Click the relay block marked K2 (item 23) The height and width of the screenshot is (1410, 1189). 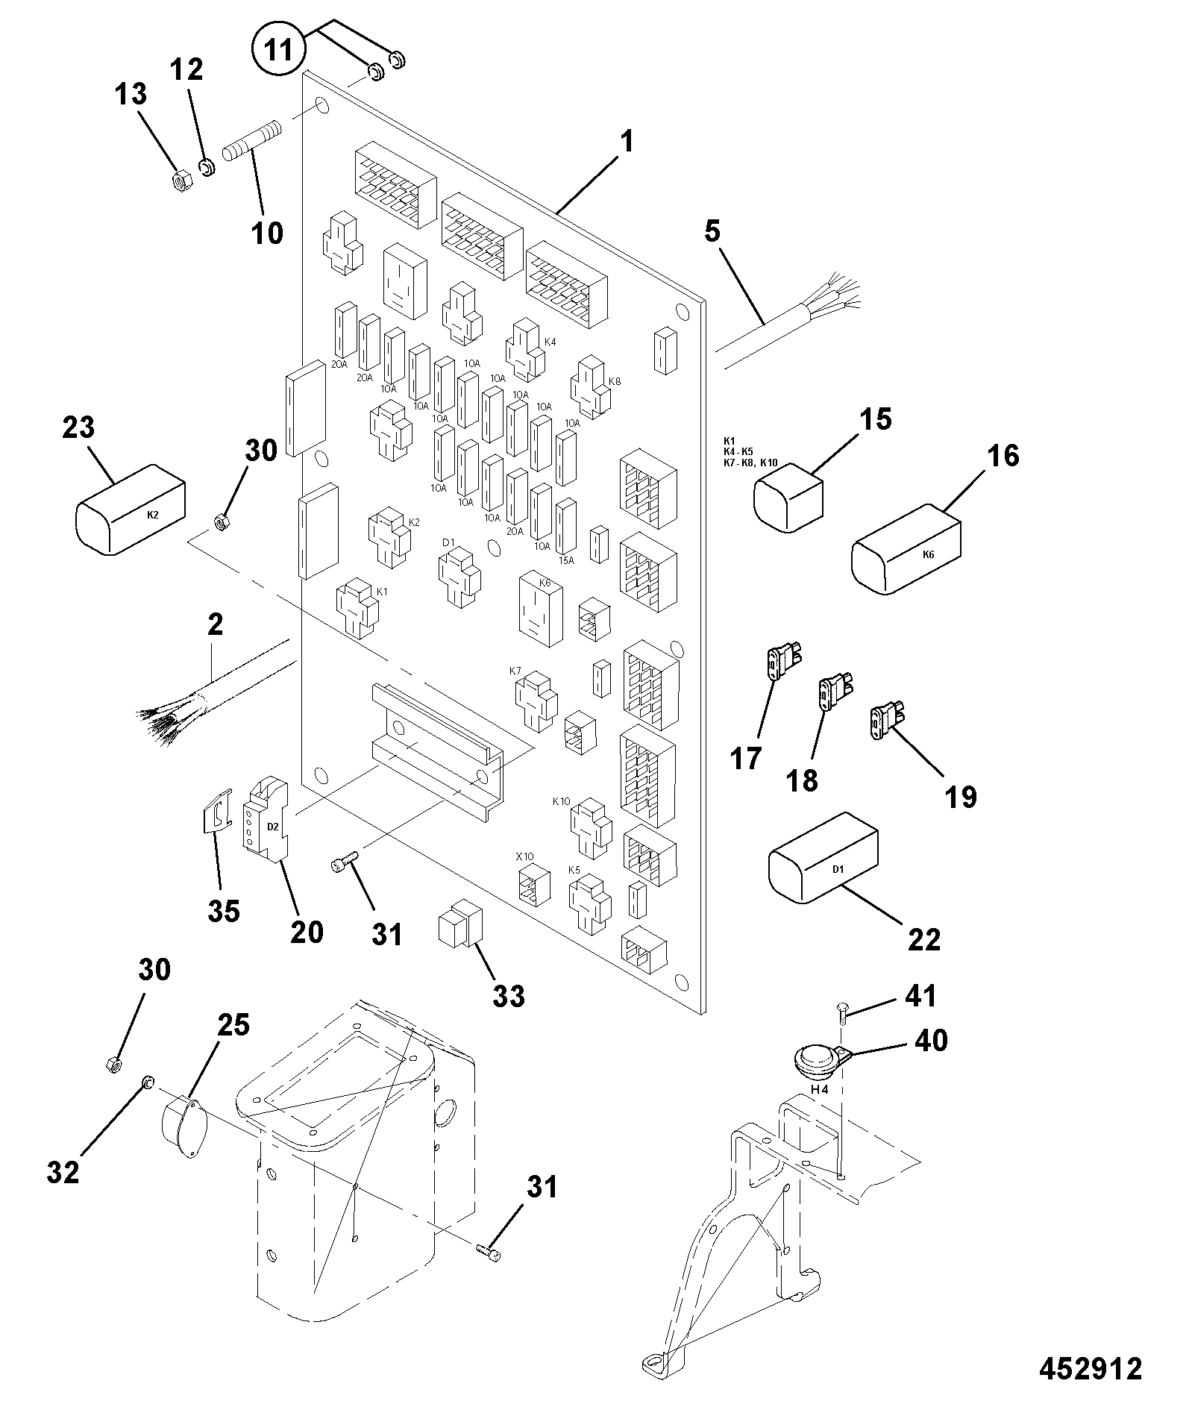tap(131, 509)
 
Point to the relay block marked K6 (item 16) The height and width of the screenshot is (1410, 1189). tap(906, 549)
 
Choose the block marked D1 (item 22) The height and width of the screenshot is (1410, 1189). tap(823, 857)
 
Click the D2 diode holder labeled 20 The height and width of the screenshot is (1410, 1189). tap(265, 821)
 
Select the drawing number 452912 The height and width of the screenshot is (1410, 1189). tap(1091, 1369)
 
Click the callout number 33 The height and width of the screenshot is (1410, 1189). tap(509, 995)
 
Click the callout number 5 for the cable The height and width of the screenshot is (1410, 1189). tap(713, 232)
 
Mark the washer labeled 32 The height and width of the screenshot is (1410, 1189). tap(147, 1082)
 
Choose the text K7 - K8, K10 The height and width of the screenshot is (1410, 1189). tap(750, 463)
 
